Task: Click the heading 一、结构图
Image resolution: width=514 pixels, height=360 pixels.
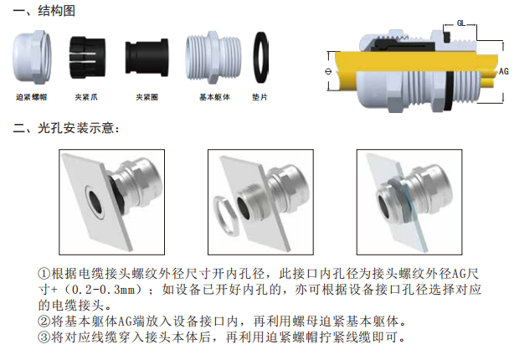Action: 44,11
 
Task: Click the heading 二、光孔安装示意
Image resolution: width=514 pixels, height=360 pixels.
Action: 65,128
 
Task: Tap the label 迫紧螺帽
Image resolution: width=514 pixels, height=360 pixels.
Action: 32,97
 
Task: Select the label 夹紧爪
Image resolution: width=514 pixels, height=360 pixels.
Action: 86,97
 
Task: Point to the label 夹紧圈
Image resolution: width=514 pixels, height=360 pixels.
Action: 146,97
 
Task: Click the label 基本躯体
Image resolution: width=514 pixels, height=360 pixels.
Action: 214,97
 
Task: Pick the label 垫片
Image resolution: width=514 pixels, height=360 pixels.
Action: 260,97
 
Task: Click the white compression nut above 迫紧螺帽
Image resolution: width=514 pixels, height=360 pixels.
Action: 32,58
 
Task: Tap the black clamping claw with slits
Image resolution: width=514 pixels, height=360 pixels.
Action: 87,58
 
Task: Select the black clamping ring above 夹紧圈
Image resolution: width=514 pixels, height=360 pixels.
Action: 146,58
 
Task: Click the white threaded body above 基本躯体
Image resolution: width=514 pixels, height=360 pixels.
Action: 213,58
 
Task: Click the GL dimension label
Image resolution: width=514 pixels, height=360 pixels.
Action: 461,23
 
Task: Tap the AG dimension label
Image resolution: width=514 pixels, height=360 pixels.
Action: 503,71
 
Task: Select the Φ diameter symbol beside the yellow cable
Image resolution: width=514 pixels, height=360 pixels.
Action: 328,71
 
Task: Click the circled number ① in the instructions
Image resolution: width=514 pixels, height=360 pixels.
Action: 44,274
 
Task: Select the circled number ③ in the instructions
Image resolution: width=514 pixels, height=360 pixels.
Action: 44,337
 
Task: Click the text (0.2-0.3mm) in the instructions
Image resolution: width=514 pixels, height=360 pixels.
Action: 104,290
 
